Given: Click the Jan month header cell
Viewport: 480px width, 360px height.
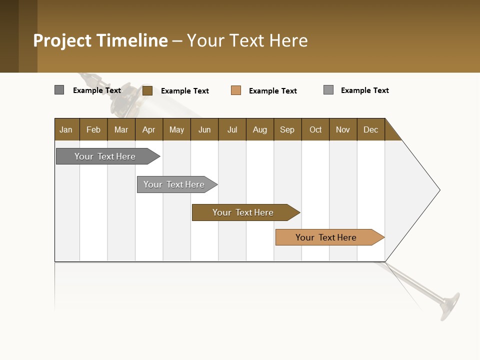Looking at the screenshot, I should (x=66, y=129).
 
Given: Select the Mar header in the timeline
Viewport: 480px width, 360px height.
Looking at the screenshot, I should (x=121, y=129).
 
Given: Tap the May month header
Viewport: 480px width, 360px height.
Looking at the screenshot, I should (x=176, y=129).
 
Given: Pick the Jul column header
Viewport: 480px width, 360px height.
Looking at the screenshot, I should (x=232, y=129).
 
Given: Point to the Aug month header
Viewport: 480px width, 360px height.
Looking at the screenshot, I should (x=259, y=129).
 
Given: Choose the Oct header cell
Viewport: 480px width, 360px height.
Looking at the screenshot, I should (x=315, y=129).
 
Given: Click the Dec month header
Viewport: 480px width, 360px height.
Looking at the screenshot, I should (x=370, y=129).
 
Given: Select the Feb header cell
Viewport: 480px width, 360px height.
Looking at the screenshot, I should (x=93, y=129).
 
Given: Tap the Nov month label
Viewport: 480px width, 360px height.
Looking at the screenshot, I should (x=343, y=129).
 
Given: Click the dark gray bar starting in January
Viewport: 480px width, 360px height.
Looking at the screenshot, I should (x=105, y=156).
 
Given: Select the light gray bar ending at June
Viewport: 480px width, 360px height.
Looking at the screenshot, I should (x=174, y=184).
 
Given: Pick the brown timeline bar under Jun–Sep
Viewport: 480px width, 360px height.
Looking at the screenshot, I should (x=243, y=212).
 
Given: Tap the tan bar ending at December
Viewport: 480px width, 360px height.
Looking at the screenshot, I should (x=326, y=237).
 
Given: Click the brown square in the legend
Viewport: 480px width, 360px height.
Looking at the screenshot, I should (x=147, y=90).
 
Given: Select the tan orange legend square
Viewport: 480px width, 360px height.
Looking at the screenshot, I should (x=236, y=90).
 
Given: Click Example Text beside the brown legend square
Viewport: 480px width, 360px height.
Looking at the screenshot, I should (x=185, y=91).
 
